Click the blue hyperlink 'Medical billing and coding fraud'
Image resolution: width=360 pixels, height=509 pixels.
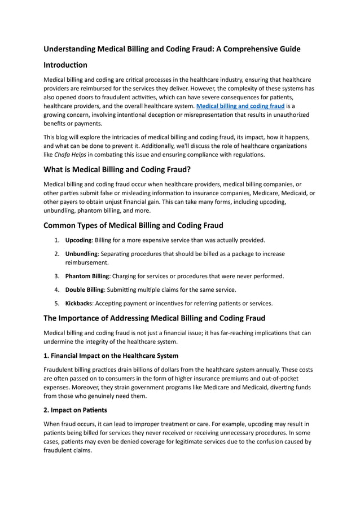(240, 106)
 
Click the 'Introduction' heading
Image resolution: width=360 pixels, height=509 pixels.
(65, 65)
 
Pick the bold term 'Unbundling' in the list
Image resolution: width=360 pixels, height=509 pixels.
(81, 254)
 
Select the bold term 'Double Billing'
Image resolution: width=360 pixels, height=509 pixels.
(85, 289)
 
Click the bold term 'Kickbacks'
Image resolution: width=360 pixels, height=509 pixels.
(79, 303)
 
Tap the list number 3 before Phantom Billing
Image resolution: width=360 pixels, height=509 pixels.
(57, 276)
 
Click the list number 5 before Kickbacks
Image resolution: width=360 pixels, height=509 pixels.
(57, 303)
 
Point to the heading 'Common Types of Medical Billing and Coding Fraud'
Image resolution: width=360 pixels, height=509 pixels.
(133, 225)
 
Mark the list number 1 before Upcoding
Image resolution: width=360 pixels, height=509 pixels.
(57, 240)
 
